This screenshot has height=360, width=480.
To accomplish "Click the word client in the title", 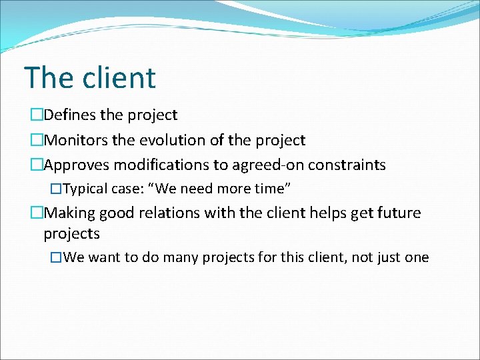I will point(119,77).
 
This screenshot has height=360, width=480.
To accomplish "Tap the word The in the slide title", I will point(49,77).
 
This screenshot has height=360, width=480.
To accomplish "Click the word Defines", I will point(70,115).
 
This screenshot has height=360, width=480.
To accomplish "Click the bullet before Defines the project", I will point(36,115).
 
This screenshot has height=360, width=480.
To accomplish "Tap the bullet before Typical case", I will point(56,189).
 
